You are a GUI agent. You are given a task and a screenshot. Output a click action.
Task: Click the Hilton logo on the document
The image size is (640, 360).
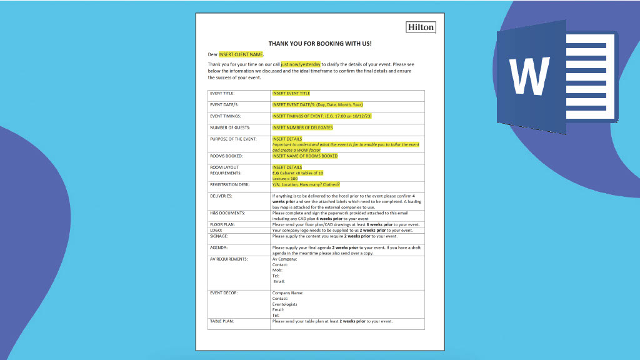coord(421,27)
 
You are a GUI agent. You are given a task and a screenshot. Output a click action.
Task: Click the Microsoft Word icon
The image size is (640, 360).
coord(556,75)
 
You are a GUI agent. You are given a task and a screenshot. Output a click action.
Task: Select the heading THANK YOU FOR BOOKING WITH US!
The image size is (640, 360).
coord(319,44)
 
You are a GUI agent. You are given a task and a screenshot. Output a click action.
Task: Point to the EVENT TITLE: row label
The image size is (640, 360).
coord(222,93)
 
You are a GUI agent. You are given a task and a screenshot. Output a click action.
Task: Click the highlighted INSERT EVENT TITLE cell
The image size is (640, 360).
coord(291,93)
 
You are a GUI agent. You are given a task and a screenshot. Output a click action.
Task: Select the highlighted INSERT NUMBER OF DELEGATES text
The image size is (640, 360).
coord(302,127)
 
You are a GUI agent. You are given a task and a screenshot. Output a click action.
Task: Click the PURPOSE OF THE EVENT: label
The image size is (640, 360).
coord(232,139)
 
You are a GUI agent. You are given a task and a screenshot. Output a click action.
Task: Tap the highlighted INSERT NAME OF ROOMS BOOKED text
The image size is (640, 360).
coord(305,156)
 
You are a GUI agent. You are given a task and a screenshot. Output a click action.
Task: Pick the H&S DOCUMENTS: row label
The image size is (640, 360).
coord(227,213)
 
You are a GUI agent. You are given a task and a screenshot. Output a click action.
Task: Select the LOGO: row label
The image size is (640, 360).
coord(216,230)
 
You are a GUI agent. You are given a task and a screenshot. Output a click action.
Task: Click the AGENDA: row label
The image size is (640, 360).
coord(219,247)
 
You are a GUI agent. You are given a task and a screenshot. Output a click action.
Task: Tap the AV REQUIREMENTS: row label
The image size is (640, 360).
coord(229,259)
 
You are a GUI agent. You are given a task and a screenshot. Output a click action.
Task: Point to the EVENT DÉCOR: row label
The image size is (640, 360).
coord(224,292)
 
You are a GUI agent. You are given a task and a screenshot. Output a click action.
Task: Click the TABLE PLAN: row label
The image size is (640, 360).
coord(222,321)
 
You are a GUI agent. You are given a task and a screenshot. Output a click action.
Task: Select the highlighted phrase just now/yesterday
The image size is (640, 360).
coord(301,64)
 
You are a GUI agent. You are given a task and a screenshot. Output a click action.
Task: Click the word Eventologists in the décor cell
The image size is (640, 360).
coord(285,304)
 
